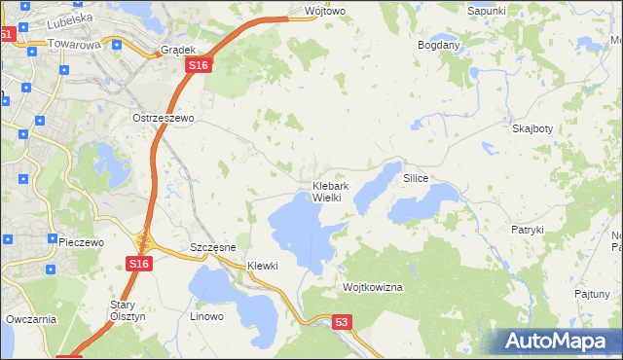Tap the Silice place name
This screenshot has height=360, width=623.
coord(416,180)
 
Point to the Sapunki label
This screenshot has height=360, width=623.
coord(487,10)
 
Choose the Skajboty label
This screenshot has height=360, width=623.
coord(532,128)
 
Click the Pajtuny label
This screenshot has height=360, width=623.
coord(592,293)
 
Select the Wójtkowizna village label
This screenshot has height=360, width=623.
coord(373,288)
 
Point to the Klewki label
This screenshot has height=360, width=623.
coord(263,266)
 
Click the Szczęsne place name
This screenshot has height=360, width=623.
coord(213,247)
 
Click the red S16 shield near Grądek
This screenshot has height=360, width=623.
coord(199,64)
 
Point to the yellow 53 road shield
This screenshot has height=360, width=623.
coord(340,320)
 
